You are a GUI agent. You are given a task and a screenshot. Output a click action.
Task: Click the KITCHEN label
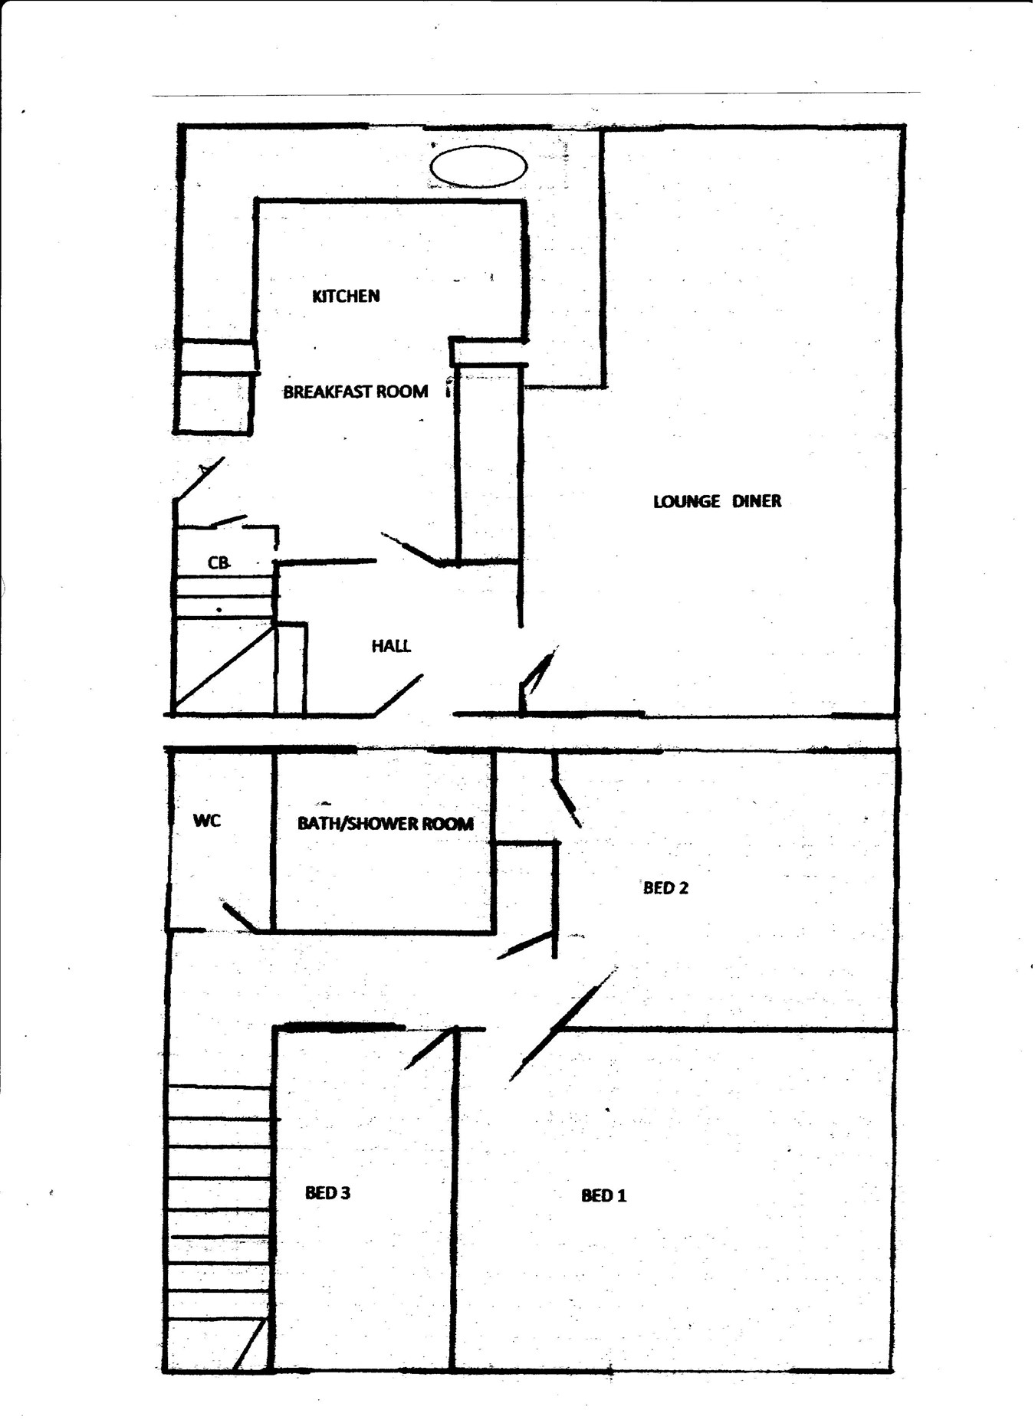[x=346, y=296]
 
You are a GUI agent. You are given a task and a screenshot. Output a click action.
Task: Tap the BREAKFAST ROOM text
[x=356, y=392]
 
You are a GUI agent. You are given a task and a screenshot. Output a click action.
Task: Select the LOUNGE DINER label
[x=717, y=501]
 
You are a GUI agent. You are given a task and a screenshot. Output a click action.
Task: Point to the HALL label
[x=391, y=646]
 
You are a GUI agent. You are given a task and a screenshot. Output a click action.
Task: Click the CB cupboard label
[x=219, y=562]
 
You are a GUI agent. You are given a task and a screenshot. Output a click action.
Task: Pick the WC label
[x=207, y=821]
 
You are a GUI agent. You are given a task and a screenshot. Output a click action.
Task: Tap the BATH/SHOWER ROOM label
[x=386, y=824]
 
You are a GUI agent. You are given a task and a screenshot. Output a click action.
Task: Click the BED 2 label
[x=665, y=888]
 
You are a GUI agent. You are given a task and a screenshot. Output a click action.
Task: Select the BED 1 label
[x=604, y=1195]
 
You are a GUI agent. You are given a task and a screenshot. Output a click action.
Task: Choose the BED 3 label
[x=327, y=1192]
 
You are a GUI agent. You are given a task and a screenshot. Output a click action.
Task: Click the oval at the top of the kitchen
[x=478, y=166]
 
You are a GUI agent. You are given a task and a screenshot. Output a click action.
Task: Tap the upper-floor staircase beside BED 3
[x=219, y=1226]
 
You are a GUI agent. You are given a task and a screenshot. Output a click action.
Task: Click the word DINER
[x=757, y=501]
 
